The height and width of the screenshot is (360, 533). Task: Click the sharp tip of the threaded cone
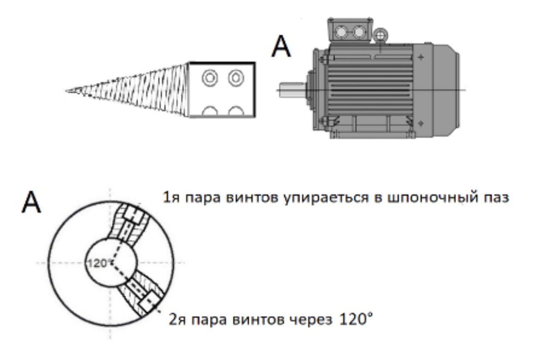[x=66, y=91]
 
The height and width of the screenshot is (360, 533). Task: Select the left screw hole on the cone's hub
[x=209, y=78]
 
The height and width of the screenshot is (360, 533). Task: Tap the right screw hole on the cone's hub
[x=236, y=78]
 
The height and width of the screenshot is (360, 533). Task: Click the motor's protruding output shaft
[x=293, y=90]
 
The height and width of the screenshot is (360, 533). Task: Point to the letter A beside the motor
[x=281, y=46]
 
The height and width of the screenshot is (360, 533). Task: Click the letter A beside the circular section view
[x=31, y=202]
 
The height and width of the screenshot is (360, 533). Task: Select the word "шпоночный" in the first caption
[x=432, y=197]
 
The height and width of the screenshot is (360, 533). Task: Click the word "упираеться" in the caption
[x=326, y=198]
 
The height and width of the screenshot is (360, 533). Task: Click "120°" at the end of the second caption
[x=356, y=319]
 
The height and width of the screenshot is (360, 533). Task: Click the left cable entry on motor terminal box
[x=341, y=32]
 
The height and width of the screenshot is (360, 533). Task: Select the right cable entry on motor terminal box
[x=359, y=32]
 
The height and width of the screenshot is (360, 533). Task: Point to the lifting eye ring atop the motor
[x=380, y=36]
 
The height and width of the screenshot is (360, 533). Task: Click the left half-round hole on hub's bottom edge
[x=209, y=111]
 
